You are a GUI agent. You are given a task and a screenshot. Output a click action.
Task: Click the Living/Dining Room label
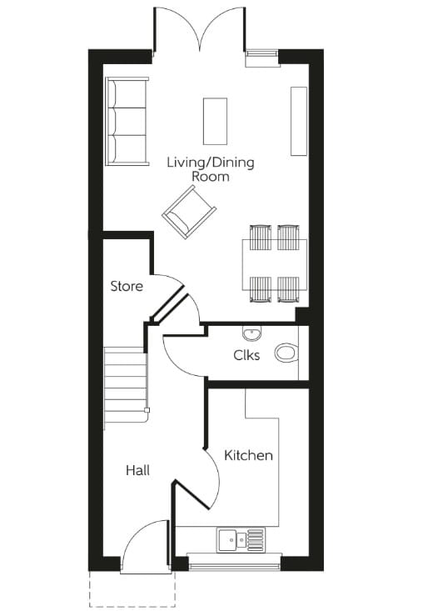coord(210,168)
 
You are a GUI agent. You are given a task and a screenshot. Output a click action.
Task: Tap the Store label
coord(127,286)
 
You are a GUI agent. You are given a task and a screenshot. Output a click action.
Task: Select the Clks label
coord(246,355)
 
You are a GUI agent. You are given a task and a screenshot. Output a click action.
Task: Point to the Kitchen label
coord(248,455)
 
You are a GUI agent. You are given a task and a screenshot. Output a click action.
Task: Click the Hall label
coord(137,470)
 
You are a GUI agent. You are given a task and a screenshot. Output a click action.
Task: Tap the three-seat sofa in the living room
coord(126,121)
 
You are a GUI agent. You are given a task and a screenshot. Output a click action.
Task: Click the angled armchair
coord(190,212)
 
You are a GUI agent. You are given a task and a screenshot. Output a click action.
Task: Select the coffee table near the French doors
coord(215,121)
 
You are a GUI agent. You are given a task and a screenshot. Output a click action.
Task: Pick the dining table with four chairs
coord(275,263)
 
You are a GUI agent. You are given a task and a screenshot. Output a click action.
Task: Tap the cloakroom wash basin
coord(253,333)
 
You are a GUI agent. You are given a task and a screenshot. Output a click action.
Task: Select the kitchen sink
coord(241,540)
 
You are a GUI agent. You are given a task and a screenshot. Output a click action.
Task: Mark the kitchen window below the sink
coord(234,563)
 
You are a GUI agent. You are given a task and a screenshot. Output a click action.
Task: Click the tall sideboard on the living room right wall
coord(299,120)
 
